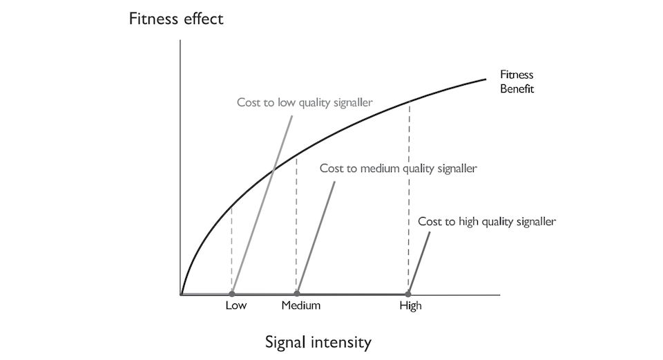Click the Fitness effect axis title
click(176, 19)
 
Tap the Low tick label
click(236, 305)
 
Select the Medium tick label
click(301, 305)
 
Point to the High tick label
click(410, 305)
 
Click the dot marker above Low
click(232, 294)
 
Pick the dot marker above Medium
click(297, 294)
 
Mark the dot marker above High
click(409, 294)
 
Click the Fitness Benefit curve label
click(517, 82)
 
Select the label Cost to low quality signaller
click(305, 102)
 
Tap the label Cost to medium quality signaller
click(398, 168)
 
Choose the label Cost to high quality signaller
click(487, 222)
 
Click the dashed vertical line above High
click(410, 200)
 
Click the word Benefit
click(517, 89)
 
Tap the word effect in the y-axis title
click(200, 19)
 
